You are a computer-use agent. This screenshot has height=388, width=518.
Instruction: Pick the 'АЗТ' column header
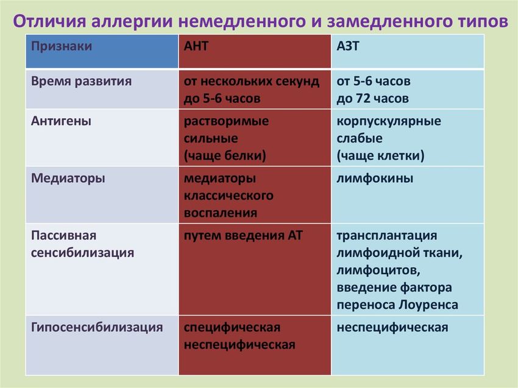point(349,46)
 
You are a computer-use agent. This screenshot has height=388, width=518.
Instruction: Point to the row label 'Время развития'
point(81,81)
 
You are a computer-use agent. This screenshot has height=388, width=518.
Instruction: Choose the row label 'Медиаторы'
point(68,178)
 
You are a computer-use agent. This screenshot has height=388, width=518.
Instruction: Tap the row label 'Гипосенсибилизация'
point(97,327)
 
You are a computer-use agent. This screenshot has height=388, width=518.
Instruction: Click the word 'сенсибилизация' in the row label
point(82,252)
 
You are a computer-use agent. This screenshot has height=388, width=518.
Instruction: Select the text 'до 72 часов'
point(372,98)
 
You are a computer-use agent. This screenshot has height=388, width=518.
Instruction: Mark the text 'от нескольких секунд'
point(251,81)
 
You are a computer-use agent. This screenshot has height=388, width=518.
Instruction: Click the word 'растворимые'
point(226,121)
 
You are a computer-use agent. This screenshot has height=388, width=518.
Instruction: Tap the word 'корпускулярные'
point(389,121)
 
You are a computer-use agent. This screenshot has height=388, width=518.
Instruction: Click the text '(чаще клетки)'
point(380,155)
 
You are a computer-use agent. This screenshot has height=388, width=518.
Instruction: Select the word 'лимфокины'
point(375,178)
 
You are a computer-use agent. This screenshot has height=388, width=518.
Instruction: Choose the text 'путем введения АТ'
point(243,235)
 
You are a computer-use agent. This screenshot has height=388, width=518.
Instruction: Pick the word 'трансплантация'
point(386,235)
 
